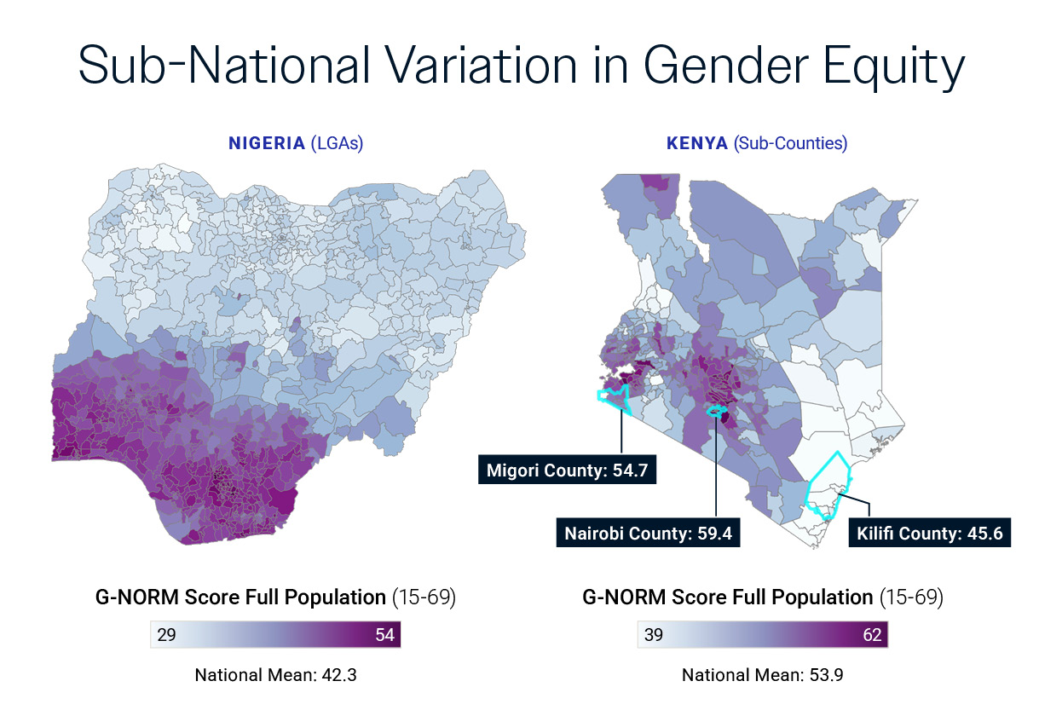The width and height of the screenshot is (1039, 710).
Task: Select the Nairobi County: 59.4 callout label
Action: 648,534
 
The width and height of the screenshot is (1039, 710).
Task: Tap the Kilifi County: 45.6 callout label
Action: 929,534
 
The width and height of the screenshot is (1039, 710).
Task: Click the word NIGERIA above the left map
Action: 266,143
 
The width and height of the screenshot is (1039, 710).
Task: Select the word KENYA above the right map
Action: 696,143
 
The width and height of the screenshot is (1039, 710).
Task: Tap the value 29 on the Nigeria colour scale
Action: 166,636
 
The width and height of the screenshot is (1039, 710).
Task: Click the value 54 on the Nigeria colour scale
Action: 385,636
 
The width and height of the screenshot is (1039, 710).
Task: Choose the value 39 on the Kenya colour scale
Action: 653,636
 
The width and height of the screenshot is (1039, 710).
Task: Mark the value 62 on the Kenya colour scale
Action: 872,636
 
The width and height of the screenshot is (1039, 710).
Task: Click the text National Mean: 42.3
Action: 275,676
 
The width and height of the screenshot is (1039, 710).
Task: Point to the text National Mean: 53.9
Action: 762,676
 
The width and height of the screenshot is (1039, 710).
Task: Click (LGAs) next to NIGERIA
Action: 336,143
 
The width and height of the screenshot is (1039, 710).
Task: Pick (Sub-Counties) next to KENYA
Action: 790,143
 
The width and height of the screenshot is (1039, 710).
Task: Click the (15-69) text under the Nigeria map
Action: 424,597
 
